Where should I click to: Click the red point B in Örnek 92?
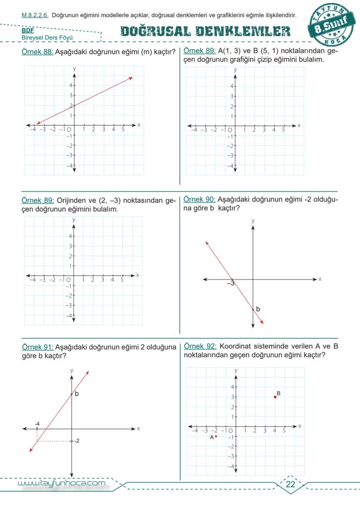coord(275,397)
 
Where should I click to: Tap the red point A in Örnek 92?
coord(216,436)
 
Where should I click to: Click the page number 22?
coord(290,485)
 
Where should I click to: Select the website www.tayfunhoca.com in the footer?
coord(61,483)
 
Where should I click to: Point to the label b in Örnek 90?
coord(258,309)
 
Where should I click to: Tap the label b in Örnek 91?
coord(77,394)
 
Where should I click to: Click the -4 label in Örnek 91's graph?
coord(37,423)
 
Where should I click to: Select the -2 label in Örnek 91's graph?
coord(77,441)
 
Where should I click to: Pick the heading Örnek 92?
coord(200,346)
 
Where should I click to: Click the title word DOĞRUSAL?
coord(155,31)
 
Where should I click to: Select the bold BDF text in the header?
coord(28,31)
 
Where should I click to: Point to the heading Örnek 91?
coord(37,347)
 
